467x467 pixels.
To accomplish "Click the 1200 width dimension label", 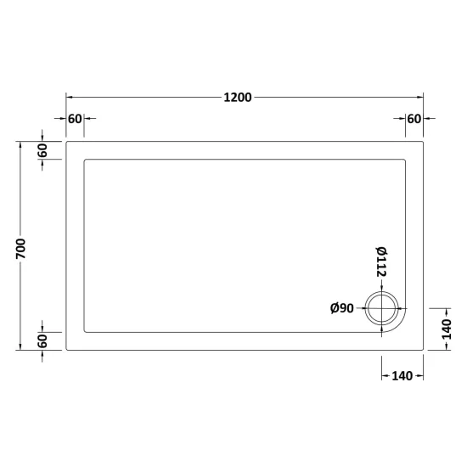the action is pos(238,98).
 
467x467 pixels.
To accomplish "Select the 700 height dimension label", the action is pos(21,249).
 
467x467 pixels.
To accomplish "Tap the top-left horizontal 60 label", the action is pos(75,119).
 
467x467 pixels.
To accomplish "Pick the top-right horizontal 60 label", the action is pos(414,119).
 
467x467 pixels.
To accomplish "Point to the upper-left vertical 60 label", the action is pos(42,150).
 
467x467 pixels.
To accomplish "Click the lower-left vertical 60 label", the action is pos(42,341).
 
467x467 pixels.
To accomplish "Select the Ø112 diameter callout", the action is pos(381,262).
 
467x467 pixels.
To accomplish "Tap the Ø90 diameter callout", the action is pos(342,308).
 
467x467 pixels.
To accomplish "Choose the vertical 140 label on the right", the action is pos(446,329).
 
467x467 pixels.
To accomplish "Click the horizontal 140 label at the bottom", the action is pos(402,376).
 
